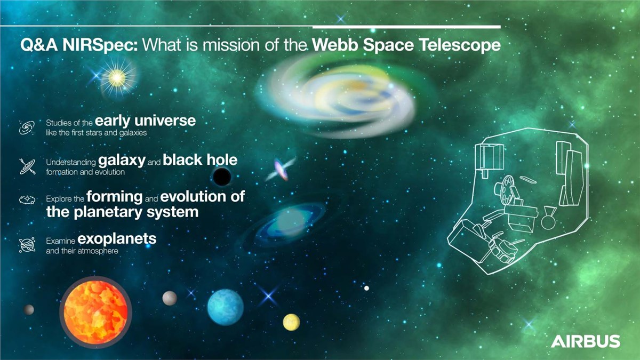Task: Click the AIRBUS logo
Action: (x=586, y=341)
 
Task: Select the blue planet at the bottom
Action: (x=226, y=307)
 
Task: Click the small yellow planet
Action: (x=291, y=322)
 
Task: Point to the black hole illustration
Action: (x=222, y=177)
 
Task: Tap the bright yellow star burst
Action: (x=117, y=78)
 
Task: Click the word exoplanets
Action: (x=117, y=239)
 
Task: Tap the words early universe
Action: (x=145, y=121)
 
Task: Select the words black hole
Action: (x=200, y=160)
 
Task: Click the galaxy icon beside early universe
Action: (x=27, y=127)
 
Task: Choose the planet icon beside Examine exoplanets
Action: (x=27, y=245)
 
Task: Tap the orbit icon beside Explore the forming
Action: (x=27, y=199)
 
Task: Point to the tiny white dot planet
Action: (x=366, y=289)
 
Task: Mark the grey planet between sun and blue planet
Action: (x=170, y=298)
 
